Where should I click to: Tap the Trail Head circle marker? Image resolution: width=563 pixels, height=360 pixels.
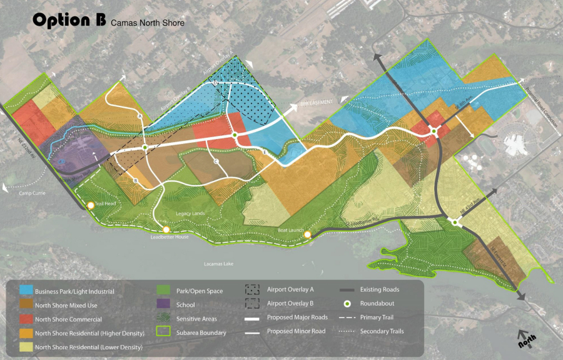pos(91,205)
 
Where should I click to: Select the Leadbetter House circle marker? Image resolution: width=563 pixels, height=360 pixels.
pos(166,230)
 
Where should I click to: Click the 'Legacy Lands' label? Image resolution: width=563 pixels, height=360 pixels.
pos(190,214)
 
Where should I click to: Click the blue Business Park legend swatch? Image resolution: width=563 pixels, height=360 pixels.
pos(26,291)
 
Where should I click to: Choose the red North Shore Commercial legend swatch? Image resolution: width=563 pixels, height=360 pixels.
pos(26,319)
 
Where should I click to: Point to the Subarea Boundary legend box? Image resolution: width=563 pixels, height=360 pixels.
pos(164,332)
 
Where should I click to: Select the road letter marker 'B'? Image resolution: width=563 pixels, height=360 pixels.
pos(135,180)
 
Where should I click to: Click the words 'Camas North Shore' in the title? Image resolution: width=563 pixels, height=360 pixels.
pos(148,23)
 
